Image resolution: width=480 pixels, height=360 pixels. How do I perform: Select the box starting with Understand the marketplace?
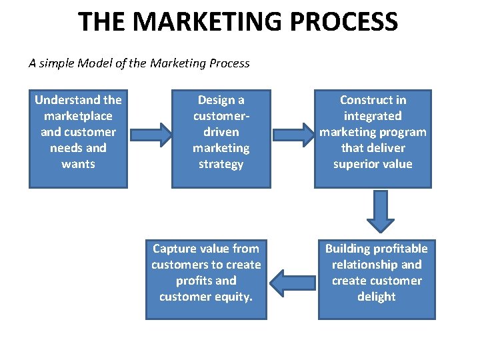pyautogui.click(x=78, y=139)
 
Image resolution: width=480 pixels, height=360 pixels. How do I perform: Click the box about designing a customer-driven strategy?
pyautogui.click(x=221, y=139)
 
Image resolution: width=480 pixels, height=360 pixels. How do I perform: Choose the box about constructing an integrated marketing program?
pyautogui.click(x=373, y=139)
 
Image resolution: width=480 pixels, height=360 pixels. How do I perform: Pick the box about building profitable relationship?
pyautogui.click(x=377, y=279)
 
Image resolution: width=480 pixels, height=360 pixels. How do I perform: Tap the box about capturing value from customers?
pyautogui.click(x=206, y=279)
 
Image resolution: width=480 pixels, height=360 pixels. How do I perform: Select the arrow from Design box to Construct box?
pyautogui.click(x=293, y=134)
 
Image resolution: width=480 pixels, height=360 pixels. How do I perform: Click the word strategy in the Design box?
pyautogui.click(x=221, y=164)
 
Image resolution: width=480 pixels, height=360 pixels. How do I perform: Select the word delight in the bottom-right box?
pyautogui.click(x=377, y=297)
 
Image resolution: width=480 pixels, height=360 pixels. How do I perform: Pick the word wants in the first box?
pyautogui.click(x=78, y=164)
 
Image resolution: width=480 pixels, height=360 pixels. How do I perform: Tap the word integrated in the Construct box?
pyautogui.click(x=373, y=116)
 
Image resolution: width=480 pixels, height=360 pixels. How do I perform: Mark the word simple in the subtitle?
pyautogui.click(x=55, y=64)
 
